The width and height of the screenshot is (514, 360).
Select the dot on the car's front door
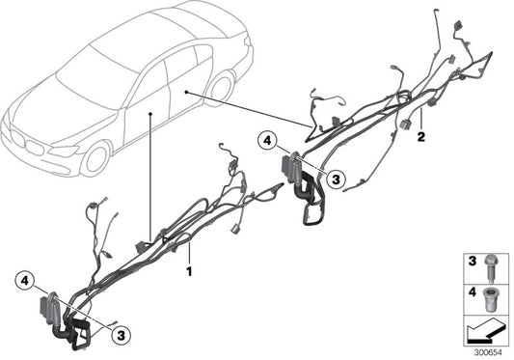pyautogui.click(x=151, y=113)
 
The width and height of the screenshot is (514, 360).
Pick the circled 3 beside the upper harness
pyautogui.click(x=334, y=177)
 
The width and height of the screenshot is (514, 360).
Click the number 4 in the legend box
pyautogui.click(x=473, y=290)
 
